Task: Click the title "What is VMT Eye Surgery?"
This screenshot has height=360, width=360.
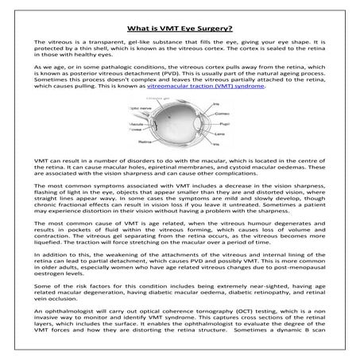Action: click(x=180, y=24)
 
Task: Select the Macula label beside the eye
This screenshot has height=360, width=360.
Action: click(x=135, y=123)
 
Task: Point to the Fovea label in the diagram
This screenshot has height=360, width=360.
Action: click(x=134, y=129)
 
